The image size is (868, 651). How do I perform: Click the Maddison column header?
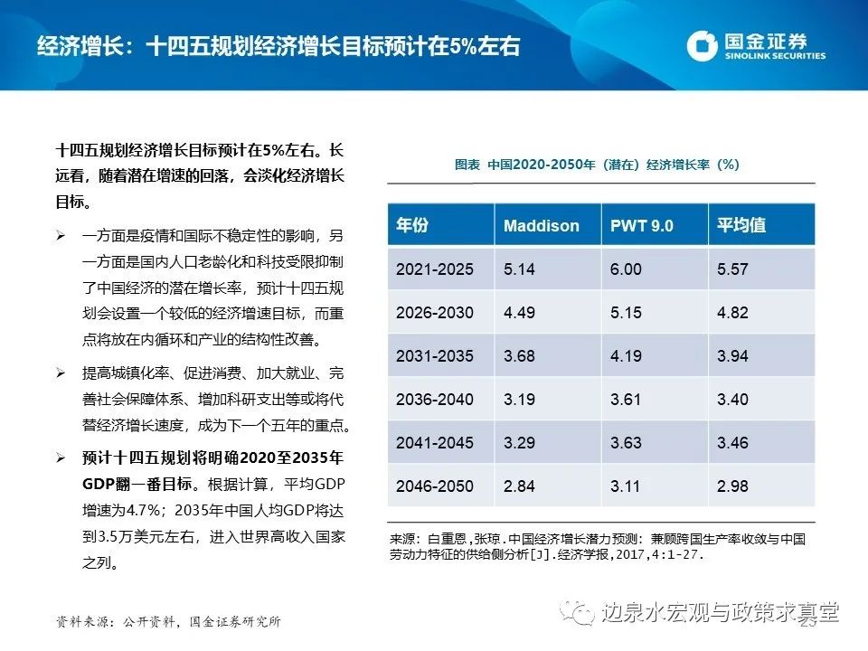(542, 226)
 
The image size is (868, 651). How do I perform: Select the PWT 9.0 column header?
(642, 226)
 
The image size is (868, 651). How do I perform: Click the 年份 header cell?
(412, 226)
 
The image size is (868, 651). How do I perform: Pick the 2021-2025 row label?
(434, 269)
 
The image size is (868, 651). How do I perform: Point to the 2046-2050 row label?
(434, 486)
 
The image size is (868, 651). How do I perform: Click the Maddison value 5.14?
(520, 269)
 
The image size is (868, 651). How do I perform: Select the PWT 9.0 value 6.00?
(626, 269)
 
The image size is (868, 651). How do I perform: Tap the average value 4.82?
(732, 313)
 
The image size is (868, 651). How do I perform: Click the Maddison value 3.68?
(520, 356)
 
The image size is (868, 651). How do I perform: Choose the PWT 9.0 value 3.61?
(626, 400)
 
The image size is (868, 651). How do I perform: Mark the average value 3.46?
(732, 443)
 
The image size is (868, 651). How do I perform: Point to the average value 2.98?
(732, 486)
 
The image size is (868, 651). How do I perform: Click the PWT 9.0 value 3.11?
(625, 486)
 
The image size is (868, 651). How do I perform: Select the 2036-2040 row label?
(434, 400)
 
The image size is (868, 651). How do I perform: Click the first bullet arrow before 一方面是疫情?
(61, 237)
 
